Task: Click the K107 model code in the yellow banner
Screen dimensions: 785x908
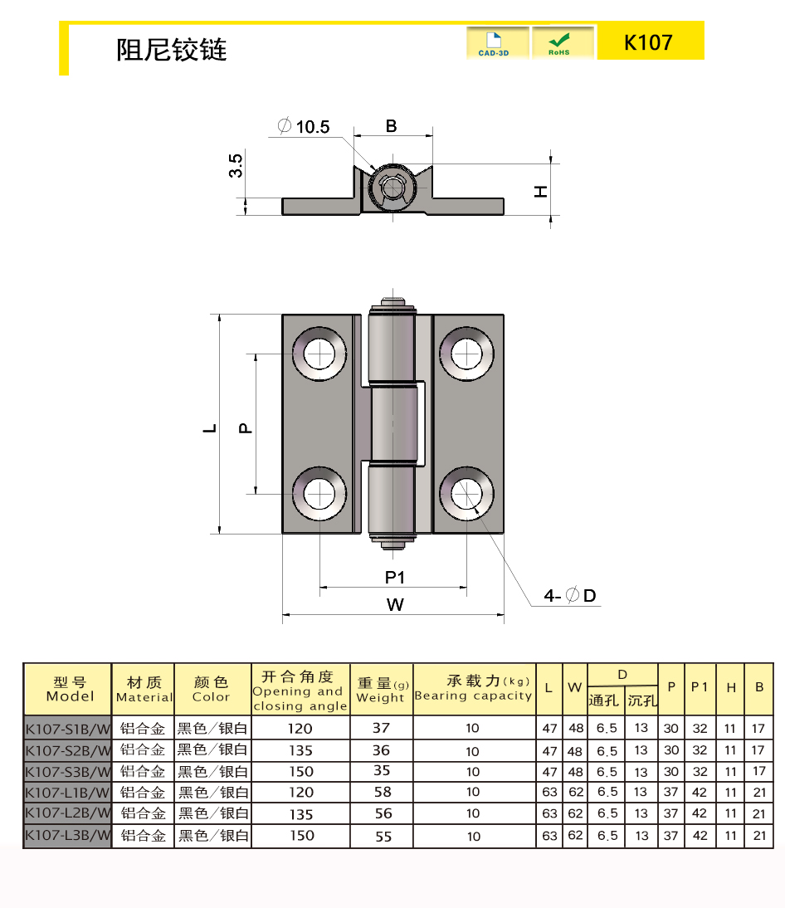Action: coord(648,42)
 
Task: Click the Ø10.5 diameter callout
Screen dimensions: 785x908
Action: coord(304,126)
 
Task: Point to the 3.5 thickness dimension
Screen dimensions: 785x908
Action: coord(236,166)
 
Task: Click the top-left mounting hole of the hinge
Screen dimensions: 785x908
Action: coord(319,354)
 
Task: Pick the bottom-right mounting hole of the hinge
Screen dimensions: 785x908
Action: coord(466,494)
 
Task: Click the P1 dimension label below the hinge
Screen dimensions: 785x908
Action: coord(395,578)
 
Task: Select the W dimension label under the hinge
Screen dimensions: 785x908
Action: coord(395,604)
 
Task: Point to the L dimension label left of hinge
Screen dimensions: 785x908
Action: coord(210,428)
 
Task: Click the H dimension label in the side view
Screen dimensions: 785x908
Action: coord(541,191)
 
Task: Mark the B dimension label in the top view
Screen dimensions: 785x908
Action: coord(392,125)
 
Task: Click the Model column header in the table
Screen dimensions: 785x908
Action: coord(70,689)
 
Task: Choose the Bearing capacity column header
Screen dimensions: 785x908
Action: coord(474,688)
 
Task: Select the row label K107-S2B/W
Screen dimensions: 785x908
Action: coord(67,750)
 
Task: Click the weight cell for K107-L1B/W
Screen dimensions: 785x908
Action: coord(383,792)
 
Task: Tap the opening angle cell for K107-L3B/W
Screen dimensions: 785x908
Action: coord(301,836)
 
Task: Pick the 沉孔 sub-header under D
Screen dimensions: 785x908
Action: coord(642,701)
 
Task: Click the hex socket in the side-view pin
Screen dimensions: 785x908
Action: coord(393,187)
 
